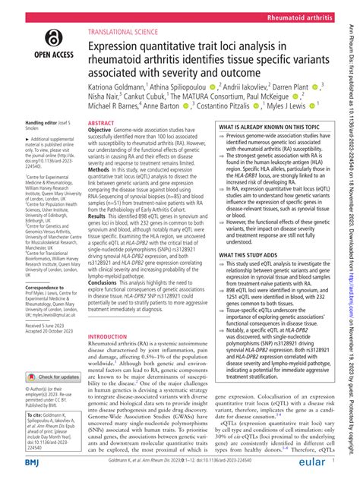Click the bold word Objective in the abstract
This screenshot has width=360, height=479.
click(x=103, y=131)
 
